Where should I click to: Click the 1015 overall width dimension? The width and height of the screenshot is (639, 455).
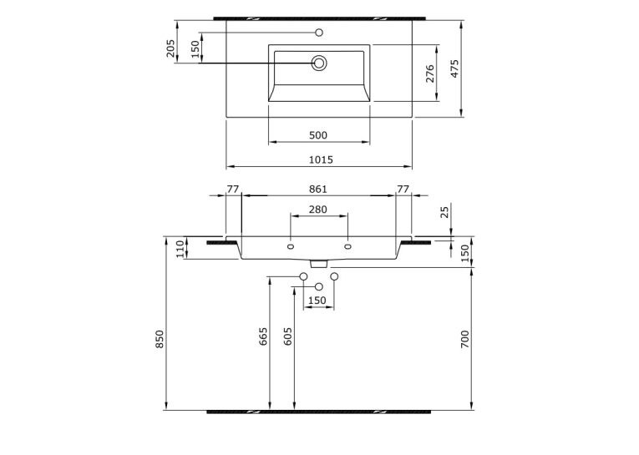click(321, 159)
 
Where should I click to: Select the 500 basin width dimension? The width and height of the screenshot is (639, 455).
click(318, 135)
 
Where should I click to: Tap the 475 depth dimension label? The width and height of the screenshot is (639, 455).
click(454, 68)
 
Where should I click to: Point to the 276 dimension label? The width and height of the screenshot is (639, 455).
click(430, 73)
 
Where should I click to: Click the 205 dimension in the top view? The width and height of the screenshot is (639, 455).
click(170, 48)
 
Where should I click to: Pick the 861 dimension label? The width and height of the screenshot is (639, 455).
click(318, 189)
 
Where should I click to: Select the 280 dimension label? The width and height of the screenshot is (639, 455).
click(318, 210)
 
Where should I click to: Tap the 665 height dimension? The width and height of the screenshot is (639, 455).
click(263, 336)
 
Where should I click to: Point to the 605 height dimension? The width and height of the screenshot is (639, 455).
click(287, 336)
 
